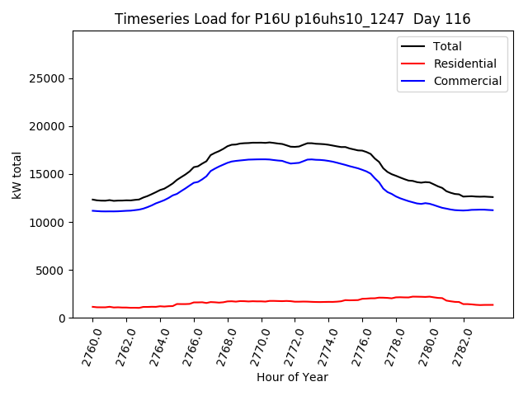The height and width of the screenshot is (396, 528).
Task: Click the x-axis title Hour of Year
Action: click(x=293, y=377)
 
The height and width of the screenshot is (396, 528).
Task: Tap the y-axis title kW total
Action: click(x=17, y=174)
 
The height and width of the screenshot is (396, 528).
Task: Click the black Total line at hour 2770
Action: click(x=262, y=143)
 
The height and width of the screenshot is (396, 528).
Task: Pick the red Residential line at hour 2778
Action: click(x=397, y=297)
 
